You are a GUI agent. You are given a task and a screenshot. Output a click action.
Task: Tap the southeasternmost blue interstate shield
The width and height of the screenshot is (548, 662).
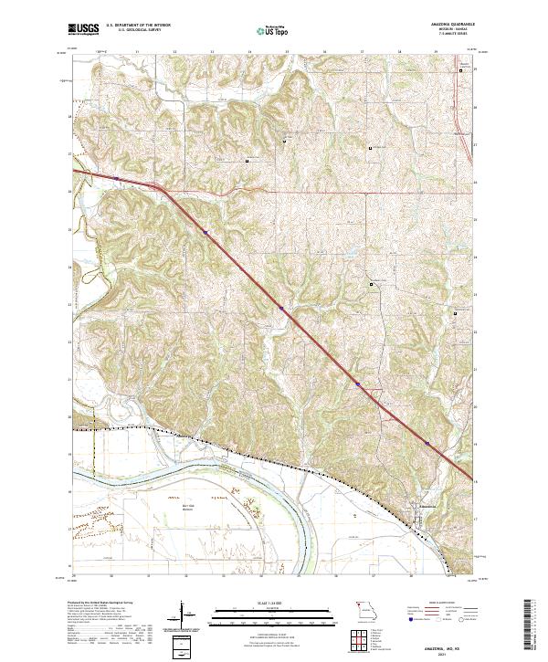[426, 443]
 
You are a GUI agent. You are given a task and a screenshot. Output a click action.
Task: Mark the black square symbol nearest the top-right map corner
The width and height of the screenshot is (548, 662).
[461, 82]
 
